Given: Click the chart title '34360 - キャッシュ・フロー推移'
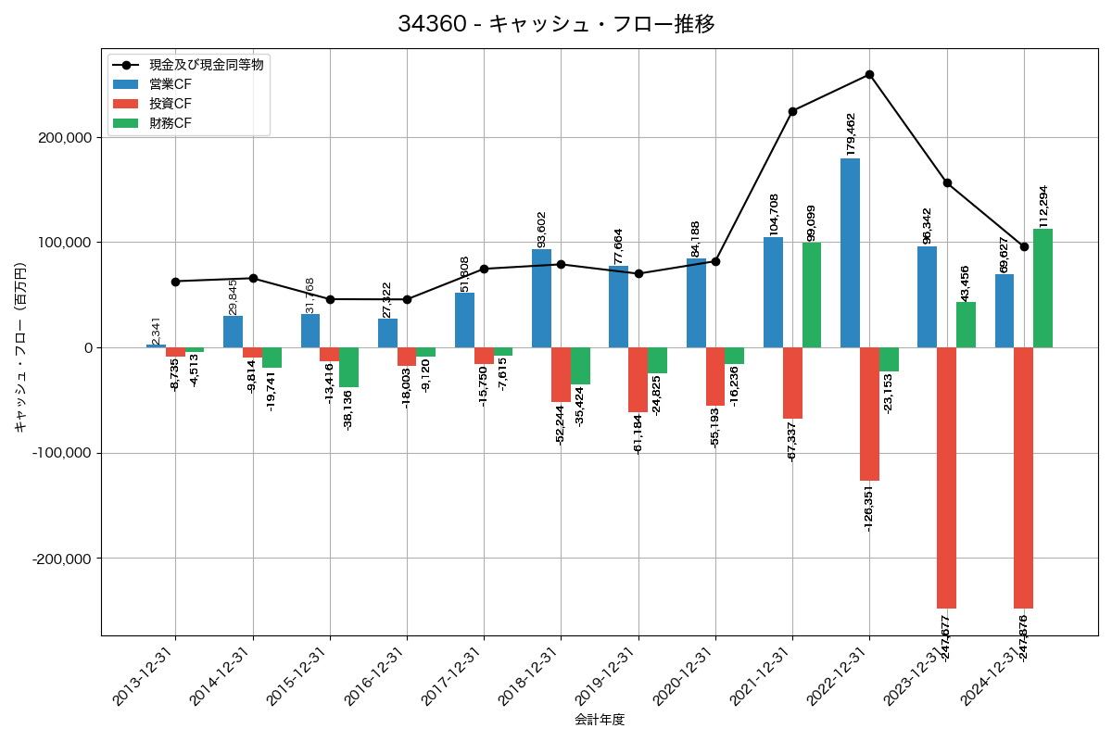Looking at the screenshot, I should click(556, 24).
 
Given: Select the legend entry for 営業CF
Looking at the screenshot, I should click(171, 84).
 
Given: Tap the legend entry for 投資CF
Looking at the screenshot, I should click(171, 104).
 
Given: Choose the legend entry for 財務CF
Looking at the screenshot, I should click(171, 123).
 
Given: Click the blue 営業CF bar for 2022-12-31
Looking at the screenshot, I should click(850, 253).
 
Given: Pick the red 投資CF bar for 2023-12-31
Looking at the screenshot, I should click(946, 477).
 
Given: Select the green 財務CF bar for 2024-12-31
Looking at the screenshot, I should click(1042, 288).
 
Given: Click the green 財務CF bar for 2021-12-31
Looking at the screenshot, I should click(812, 295).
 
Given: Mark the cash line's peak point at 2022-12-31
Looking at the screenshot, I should click(869, 74).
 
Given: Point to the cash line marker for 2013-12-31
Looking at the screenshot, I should click(175, 282).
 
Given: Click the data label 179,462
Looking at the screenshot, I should click(851, 133).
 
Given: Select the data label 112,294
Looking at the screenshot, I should click(1043, 206).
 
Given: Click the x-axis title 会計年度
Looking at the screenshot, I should click(600, 720).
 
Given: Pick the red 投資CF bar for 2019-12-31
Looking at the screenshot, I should click(638, 380).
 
